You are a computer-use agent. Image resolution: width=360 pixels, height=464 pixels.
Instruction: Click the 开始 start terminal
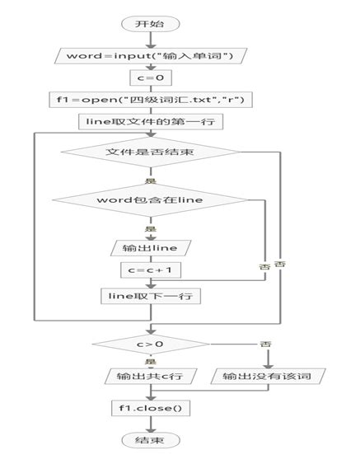(x=149, y=24)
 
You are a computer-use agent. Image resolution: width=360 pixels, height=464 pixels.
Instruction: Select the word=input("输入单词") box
(x=149, y=56)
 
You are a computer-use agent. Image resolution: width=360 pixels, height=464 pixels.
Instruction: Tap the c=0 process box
(x=149, y=79)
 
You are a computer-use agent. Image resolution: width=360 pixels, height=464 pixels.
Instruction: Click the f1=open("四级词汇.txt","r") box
(x=149, y=100)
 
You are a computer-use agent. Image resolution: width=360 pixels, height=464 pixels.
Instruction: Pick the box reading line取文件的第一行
(x=149, y=122)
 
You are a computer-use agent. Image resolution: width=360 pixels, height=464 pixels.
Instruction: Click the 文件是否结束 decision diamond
(x=149, y=152)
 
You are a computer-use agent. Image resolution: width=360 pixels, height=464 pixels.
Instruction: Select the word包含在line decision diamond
(x=149, y=200)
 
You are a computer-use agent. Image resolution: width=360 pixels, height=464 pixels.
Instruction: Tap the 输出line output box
(x=149, y=248)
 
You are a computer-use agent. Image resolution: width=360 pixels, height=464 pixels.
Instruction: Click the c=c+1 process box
(x=149, y=270)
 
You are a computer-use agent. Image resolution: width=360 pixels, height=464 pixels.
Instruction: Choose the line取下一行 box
(x=149, y=295)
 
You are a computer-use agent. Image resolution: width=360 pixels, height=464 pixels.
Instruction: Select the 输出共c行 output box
(x=149, y=377)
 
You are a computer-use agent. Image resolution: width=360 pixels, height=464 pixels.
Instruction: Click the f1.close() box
(x=149, y=407)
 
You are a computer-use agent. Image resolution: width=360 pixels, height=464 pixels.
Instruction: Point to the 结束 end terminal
(x=149, y=441)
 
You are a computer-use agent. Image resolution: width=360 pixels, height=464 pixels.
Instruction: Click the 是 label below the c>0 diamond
(x=150, y=361)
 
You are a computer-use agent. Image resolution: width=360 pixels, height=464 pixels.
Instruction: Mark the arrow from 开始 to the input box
(x=149, y=40)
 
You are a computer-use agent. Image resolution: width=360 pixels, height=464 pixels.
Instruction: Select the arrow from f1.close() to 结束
(x=149, y=424)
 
